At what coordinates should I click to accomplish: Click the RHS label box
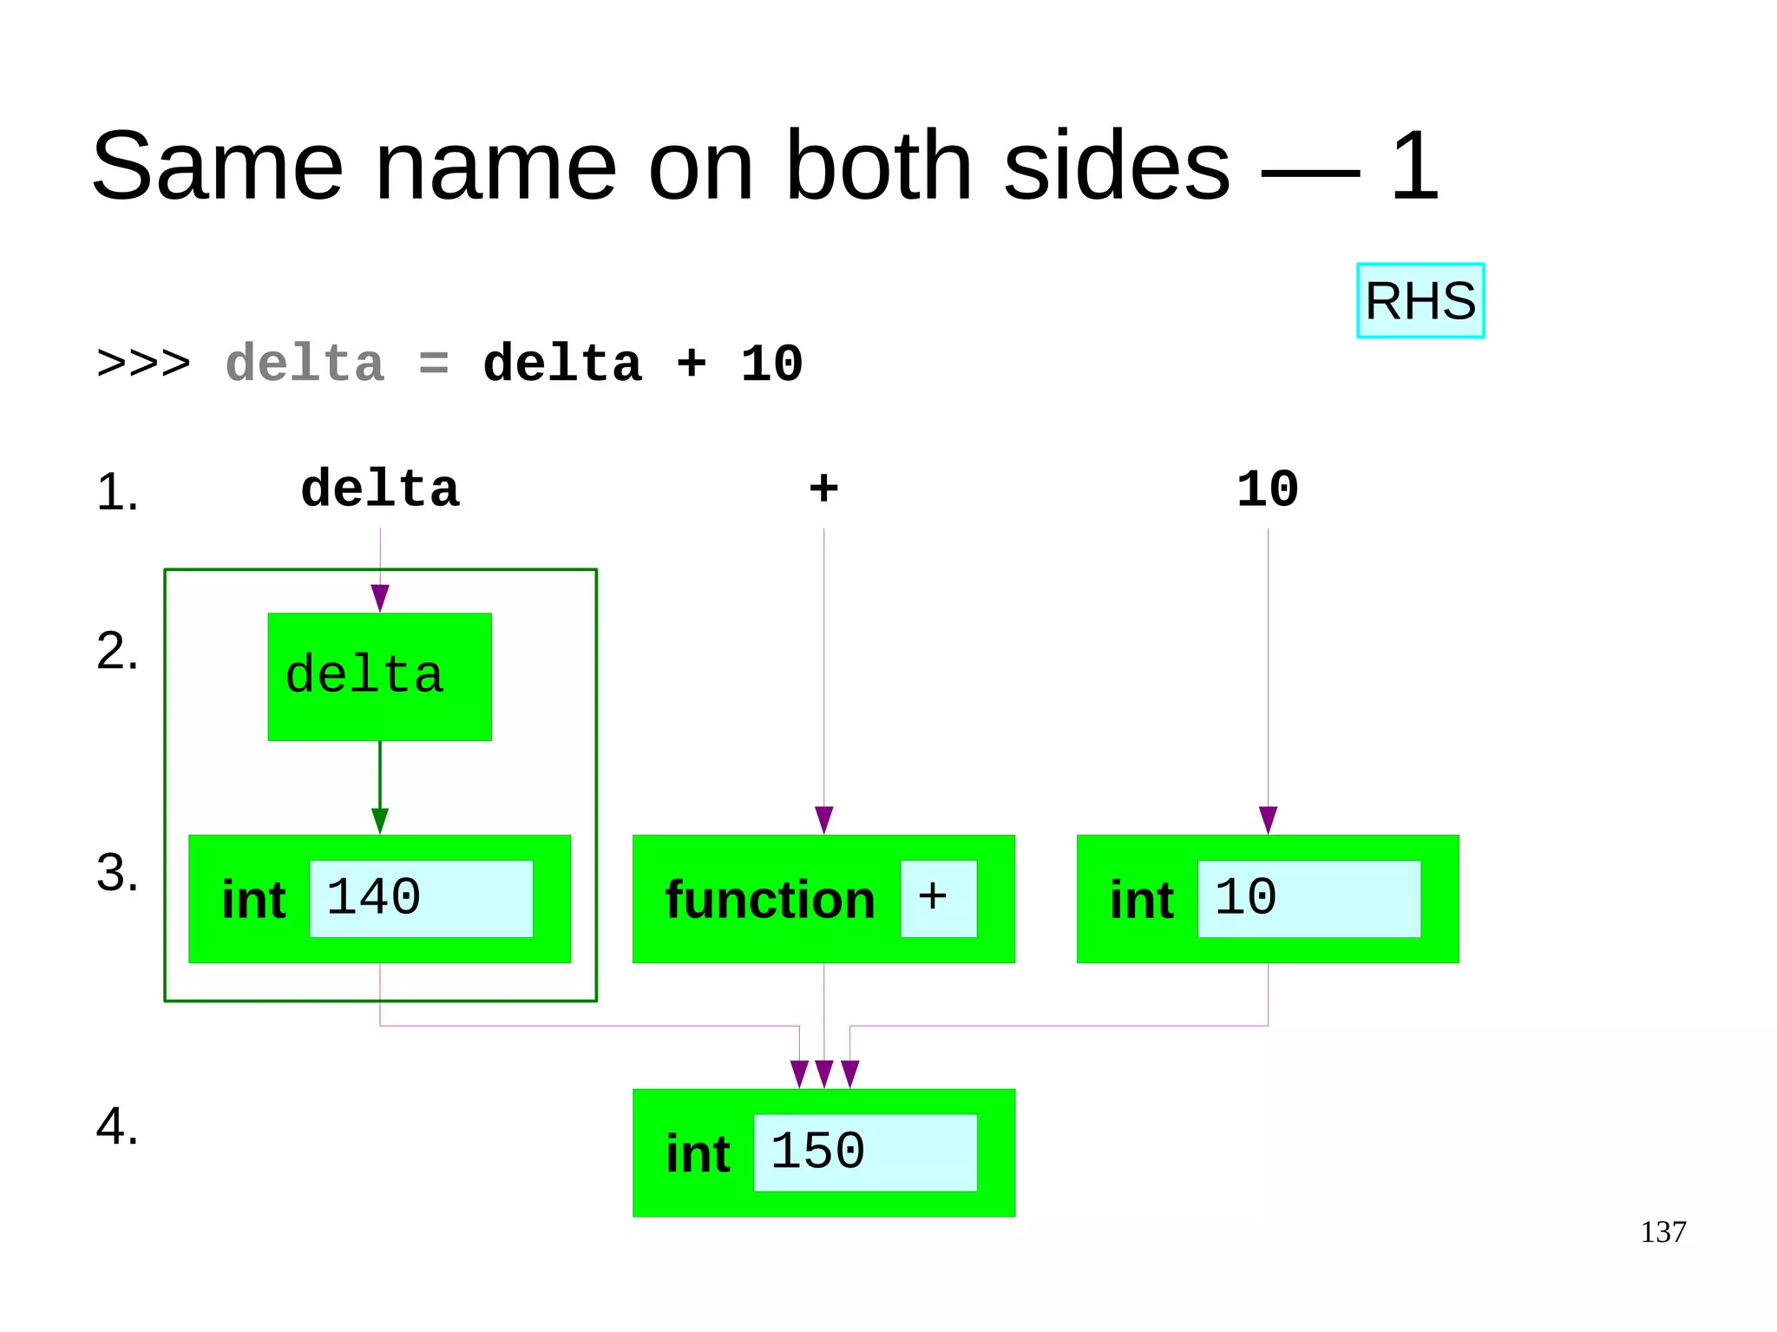coord(1420,300)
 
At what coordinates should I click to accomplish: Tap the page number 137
coord(1662,1231)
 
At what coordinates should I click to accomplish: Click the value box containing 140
coord(421,898)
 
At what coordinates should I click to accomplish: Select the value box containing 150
coord(864,1152)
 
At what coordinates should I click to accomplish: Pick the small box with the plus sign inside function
coord(938,898)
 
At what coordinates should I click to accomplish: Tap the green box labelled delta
coord(379,677)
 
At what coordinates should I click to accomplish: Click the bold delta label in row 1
coord(379,489)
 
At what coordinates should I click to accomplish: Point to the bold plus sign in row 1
coord(823,488)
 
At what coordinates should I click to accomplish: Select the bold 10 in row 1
coord(1267,489)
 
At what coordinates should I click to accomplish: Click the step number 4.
coord(116,1126)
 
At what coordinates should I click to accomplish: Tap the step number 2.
coord(116,651)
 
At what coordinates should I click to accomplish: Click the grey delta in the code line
coord(305,364)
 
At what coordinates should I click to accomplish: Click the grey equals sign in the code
coord(433,364)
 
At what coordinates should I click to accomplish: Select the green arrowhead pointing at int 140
coord(379,820)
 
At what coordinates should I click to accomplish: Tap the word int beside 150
coord(698,1154)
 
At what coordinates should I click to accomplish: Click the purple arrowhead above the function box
coord(823,819)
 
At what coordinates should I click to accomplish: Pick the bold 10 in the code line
coord(771,364)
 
